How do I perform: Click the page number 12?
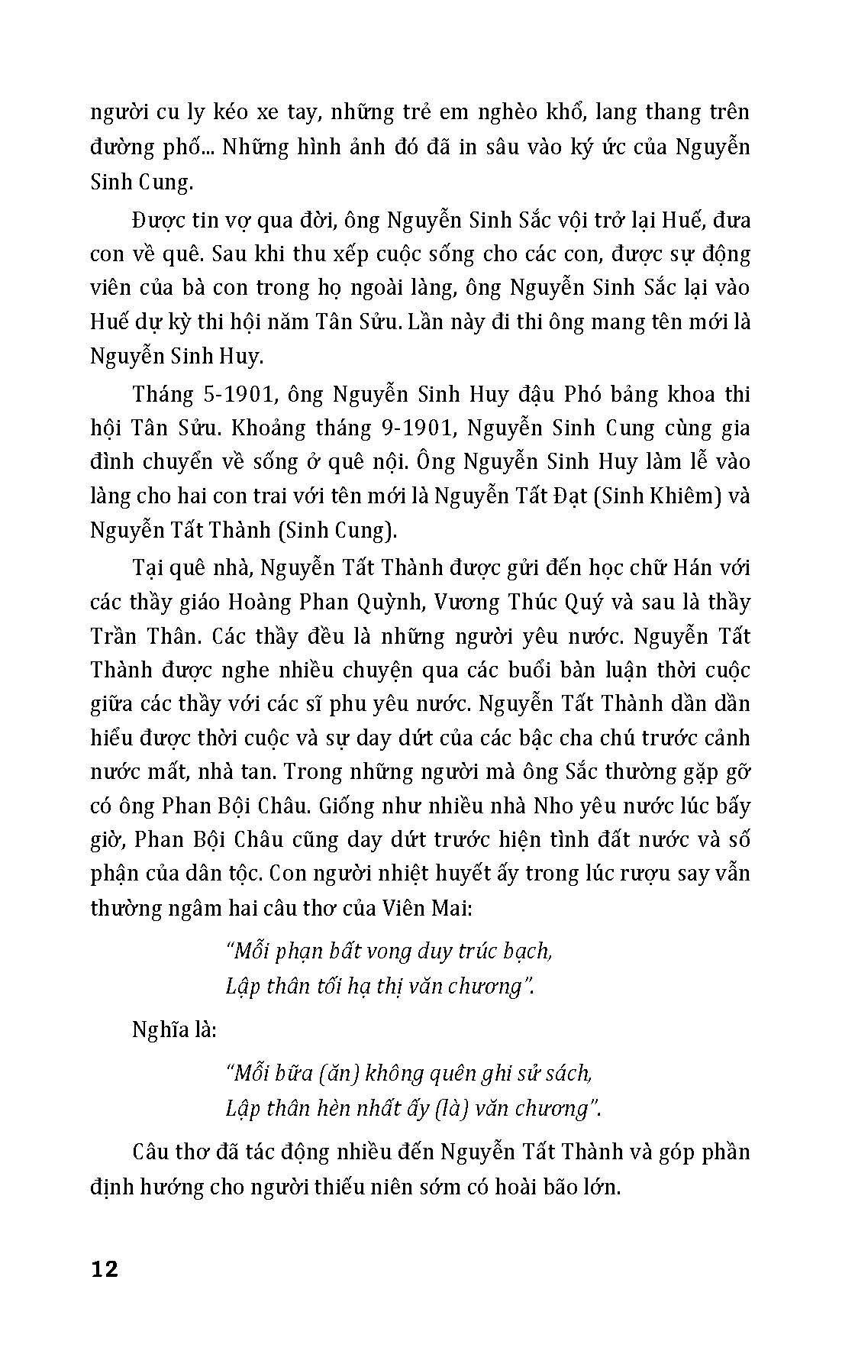105,1269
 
